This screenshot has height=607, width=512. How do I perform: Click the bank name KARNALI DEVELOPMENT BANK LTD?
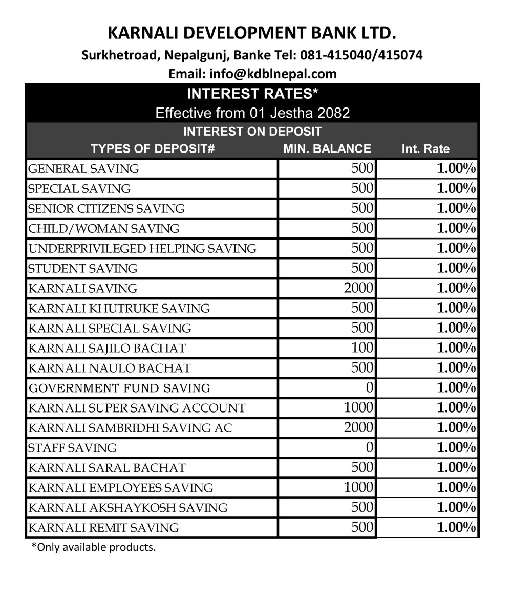point(252,33)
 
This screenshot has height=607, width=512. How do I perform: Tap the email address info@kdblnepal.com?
point(273,74)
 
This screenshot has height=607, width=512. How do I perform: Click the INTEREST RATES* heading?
point(252,94)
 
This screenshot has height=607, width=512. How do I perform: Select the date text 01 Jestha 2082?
point(300,113)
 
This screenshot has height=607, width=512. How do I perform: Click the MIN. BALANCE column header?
point(327,149)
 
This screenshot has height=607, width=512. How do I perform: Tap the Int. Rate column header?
point(425,149)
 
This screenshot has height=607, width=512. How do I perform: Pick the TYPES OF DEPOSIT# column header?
point(152,149)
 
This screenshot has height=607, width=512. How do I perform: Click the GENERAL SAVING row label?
point(83,169)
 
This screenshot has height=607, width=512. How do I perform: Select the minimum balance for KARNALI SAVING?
point(359,288)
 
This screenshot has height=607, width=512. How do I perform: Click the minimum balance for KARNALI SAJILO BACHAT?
point(362,348)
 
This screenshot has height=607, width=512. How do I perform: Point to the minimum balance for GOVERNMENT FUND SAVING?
point(370,388)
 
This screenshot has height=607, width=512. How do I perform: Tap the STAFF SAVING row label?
point(72,448)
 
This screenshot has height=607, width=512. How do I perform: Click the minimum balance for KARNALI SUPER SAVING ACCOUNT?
point(359,408)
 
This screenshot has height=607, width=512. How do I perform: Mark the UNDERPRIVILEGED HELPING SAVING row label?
point(142,249)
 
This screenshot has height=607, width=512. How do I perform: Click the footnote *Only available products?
point(94,547)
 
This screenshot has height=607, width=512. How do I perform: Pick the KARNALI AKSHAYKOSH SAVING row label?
point(128,508)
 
